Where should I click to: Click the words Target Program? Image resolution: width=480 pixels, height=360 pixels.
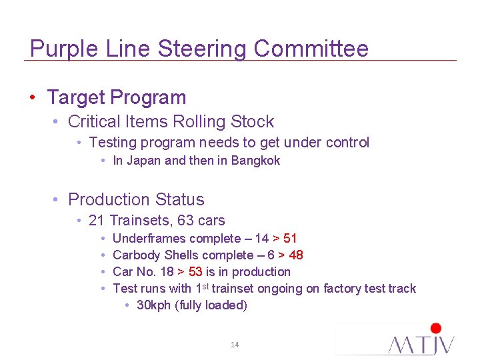pos(117,97)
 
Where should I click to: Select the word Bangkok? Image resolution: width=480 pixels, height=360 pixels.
pos(256,161)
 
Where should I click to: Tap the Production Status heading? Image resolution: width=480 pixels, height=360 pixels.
pos(136,199)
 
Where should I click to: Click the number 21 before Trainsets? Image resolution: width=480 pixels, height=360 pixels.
pos(97,221)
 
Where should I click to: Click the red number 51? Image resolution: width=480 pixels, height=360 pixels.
pos(290,239)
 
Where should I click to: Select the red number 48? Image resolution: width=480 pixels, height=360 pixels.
pos(296,255)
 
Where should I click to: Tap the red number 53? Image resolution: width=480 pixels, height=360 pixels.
pos(195,272)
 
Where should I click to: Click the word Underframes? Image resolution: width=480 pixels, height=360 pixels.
pos(150,239)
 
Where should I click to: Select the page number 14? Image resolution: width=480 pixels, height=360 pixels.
pos(235,345)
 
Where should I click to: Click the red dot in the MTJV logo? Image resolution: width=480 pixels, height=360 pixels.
pos(436,328)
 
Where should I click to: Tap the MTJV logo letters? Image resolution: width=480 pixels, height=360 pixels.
pos(422,344)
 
